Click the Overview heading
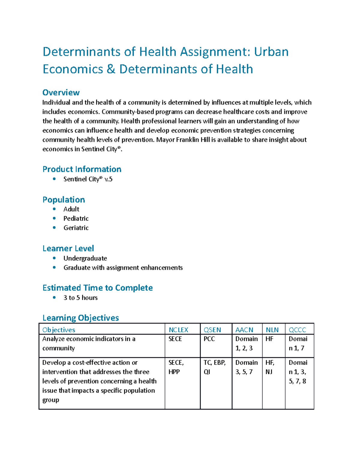click(x=61, y=92)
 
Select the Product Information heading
click(x=82, y=169)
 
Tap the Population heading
click(x=64, y=200)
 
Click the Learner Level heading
click(x=68, y=248)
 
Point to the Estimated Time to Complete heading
click(x=97, y=288)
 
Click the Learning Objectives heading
click(x=81, y=318)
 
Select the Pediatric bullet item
click(x=76, y=218)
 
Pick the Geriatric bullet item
click(x=76, y=228)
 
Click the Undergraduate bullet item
click(x=85, y=258)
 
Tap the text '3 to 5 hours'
click(x=80, y=298)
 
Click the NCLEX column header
click(x=178, y=330)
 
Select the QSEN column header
click(x=212, y=330)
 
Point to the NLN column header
click(x=272, y=330)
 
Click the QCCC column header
click(x=297, y=330)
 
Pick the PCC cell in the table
click(x=209, y=339)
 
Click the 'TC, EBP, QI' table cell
click(x=214, y=367)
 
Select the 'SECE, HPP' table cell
click(x=176, y=367)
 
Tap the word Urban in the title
click(x=271, y=52)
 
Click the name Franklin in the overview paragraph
click(x=188, y=140)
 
